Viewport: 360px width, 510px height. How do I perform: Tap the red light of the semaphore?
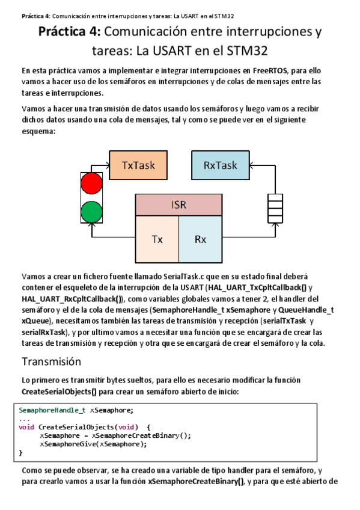(x=92, y=182)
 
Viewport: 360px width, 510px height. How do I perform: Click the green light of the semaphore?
(x=92, y=211)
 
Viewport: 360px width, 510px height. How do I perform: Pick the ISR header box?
(x=178, y=204)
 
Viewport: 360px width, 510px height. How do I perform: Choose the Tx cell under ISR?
(x=157, y=239)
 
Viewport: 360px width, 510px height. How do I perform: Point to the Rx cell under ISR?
(x=200, y=239)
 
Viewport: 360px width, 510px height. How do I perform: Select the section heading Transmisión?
(x=51, y=361)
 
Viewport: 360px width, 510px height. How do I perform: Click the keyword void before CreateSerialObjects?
(x=27, y=426)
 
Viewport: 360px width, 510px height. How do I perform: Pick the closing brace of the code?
(x=20, y=452)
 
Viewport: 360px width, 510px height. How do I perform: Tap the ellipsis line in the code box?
(x=24, y=418)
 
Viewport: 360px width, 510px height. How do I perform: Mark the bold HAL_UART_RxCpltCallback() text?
(x=72, y=298)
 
